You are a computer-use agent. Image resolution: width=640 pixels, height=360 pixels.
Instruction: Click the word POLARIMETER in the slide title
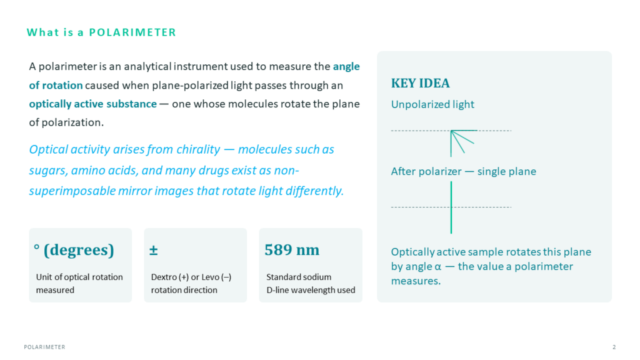132,32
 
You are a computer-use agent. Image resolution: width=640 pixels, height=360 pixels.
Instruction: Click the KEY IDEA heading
421,83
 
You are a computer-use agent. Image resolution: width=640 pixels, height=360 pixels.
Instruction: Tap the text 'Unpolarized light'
432,104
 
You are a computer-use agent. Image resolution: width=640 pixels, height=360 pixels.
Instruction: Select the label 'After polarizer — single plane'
464,171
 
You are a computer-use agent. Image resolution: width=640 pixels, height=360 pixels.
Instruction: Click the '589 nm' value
292,250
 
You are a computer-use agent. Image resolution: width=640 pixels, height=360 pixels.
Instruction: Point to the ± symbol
154,250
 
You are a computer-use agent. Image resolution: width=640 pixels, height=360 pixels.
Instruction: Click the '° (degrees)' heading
74,250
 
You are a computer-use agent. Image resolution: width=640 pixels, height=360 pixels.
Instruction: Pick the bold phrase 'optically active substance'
92,104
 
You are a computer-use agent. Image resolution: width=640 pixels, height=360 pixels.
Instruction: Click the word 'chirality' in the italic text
198,149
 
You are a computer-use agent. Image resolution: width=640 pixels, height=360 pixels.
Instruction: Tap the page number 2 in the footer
614,347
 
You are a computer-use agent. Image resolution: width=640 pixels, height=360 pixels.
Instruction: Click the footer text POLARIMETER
44,347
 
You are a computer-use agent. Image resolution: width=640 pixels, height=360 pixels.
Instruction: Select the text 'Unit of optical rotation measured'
79,283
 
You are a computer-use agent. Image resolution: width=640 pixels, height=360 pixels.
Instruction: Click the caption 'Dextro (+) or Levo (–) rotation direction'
191,283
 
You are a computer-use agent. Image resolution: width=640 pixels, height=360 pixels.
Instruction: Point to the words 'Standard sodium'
299,277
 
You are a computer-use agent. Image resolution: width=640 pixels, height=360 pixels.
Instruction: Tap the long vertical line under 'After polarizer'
451,207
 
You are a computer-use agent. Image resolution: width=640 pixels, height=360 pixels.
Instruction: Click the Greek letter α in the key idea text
438,267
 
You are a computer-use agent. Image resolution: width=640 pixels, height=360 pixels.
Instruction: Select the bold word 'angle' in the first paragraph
346,66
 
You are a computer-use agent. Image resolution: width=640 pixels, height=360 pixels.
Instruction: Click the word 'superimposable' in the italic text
72,191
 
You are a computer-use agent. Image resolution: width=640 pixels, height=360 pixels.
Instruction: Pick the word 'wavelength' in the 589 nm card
316,290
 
